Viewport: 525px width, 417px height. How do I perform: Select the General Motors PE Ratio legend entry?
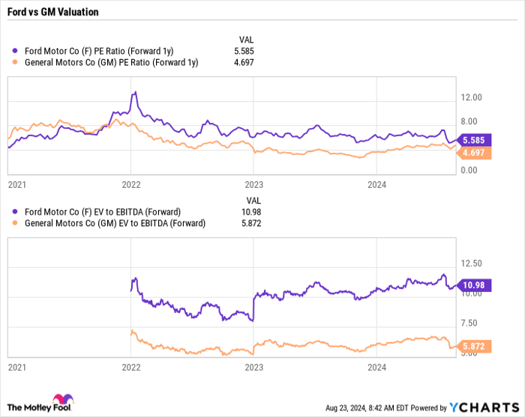[x=105, y=63]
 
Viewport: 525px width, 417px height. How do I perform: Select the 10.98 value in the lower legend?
[x=250, y=211]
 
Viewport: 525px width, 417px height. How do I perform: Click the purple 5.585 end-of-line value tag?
[x=475, y=140]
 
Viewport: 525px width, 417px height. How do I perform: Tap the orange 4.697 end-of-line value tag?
[x=475, y=153]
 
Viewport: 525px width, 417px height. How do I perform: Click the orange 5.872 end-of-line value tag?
[x=475, y=347]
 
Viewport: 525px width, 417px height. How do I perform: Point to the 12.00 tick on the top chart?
[x=471, y=97]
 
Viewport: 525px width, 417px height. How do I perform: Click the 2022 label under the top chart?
[x=131, y=183]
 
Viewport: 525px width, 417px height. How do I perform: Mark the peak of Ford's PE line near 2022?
[x=135, y=92]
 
